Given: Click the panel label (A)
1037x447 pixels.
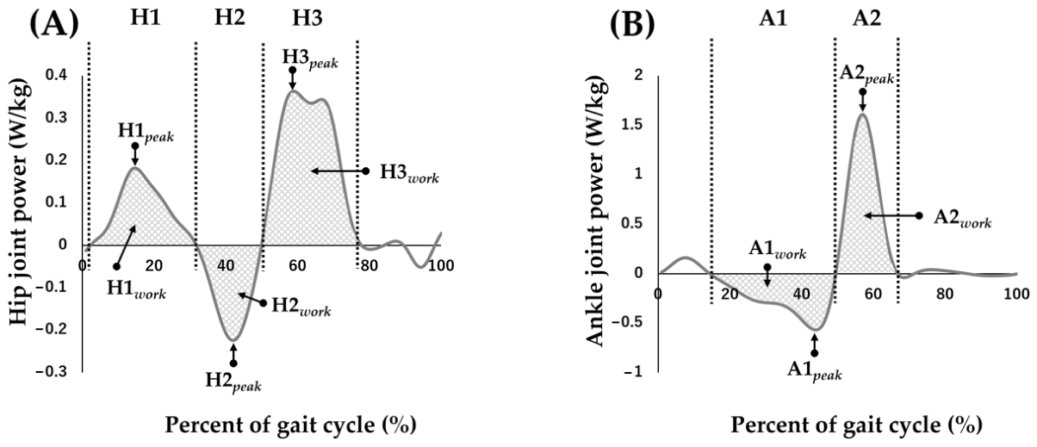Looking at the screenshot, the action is point(53,23).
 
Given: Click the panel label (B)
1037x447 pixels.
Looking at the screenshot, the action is point(632,23).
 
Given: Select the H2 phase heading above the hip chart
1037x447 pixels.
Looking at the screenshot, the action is point(229,17).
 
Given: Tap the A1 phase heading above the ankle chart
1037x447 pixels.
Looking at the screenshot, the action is point(773,18).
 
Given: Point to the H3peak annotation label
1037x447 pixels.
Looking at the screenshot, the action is point(310,59).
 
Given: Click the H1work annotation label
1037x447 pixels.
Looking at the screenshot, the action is point(136,289).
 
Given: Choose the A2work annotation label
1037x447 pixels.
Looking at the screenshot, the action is point(962,219).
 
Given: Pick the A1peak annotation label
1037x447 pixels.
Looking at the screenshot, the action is point(814,370).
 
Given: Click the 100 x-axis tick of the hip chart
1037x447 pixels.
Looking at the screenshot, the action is point(441,265).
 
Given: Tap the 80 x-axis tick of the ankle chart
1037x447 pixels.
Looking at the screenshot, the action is point(945,294).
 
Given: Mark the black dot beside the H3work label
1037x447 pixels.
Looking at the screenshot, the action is point(366,171).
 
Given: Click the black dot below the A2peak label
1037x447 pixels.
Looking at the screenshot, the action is point(862,91).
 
